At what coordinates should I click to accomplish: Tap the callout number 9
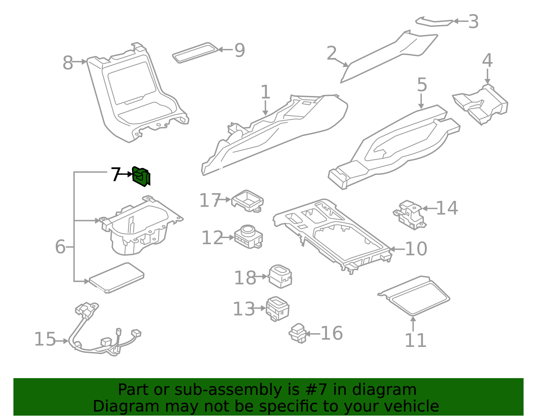coord(240,50)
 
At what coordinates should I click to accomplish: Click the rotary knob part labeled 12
coord(249,236)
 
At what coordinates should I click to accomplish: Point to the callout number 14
coord(447,208)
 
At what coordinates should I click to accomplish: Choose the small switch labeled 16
coord(297,333)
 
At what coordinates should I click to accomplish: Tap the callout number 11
coord(416,341)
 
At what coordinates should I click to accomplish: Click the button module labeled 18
coord(280,276)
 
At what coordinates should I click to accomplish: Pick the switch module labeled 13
coord(278,308)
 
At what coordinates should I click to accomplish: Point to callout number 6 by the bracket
coord(60,247)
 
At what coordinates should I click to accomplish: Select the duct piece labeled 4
coord(481,104)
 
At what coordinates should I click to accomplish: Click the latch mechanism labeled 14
coord(410,215)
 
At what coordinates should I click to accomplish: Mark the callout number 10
coord(416,249)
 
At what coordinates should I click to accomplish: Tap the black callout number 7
coord(115,174)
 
